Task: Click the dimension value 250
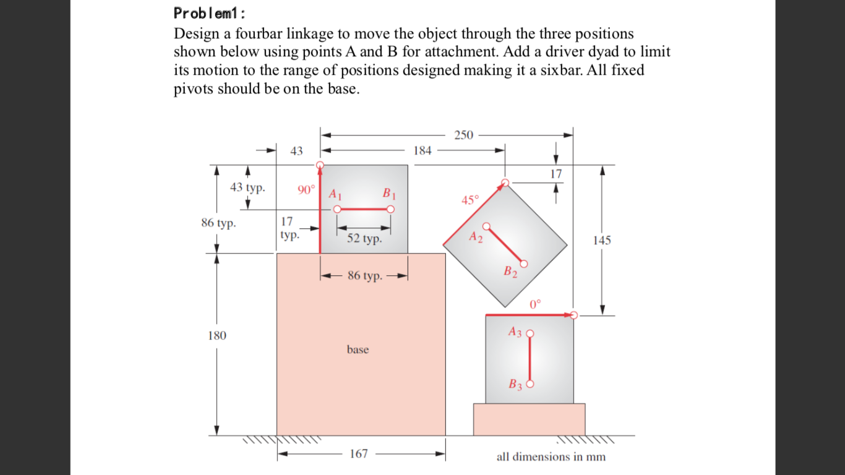463,135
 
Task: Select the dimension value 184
422,150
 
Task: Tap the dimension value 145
601,241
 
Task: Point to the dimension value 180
217,336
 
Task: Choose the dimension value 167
359,454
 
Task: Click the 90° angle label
306,190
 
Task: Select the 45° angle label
470,200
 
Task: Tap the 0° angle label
535,304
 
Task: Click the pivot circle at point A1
337,210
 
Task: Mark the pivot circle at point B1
390,210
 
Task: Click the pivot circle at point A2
487,226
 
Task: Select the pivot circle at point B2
525,264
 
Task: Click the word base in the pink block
358,349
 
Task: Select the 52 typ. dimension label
364,239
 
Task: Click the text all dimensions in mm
551,457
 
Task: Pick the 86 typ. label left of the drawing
218,223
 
